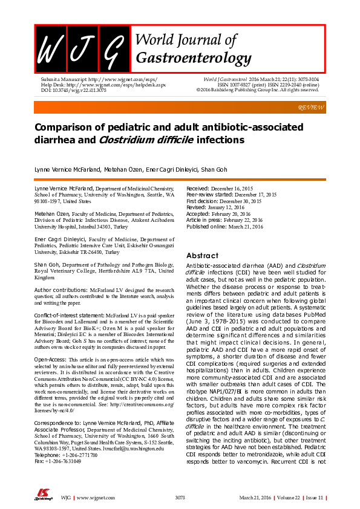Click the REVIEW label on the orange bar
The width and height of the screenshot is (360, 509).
click(x=312, y=107)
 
